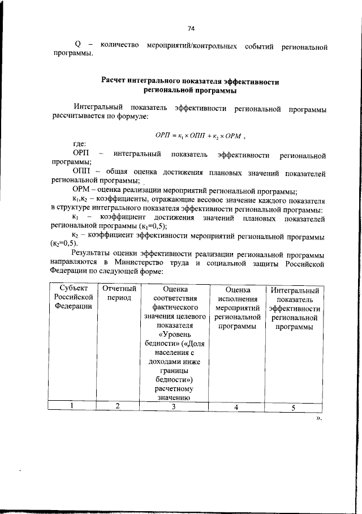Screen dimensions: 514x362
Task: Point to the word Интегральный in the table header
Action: [295, 290]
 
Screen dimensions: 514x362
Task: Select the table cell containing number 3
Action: [174, 405]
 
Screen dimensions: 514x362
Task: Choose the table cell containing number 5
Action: [294, 406]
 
